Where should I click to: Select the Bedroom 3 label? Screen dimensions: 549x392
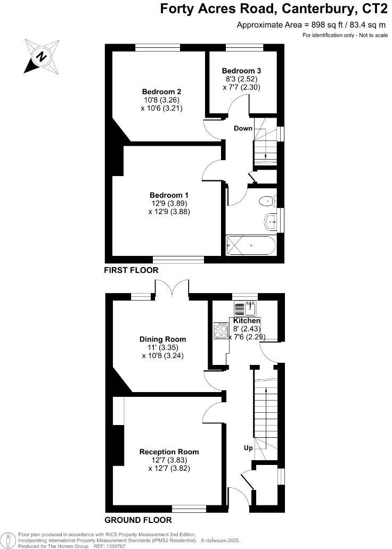click(241, 71)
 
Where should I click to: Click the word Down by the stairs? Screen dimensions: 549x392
click(243, 128)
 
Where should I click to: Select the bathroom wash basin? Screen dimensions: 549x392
click(271, 221)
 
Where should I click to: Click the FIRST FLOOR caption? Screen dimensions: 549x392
click(131, 270)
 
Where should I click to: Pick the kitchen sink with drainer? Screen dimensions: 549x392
click(245, 309)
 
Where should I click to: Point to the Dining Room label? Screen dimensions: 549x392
click(163, 339)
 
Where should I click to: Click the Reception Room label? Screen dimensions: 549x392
click(169, 452)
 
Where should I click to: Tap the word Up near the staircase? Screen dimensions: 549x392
click(248, 448)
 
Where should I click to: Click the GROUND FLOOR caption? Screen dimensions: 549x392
click(138, 520)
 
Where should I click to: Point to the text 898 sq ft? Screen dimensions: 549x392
click(318, 25)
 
